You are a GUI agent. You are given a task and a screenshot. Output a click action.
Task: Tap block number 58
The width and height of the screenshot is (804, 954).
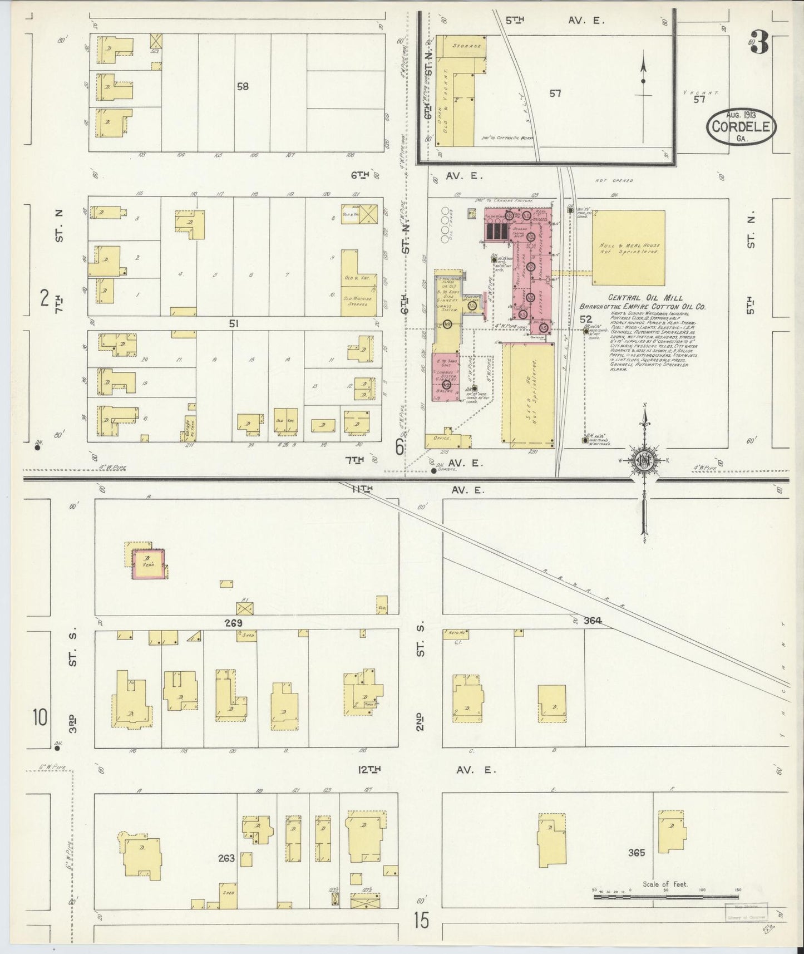[242, 86]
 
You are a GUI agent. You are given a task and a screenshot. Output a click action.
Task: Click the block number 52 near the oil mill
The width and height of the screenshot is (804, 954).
[585, 319]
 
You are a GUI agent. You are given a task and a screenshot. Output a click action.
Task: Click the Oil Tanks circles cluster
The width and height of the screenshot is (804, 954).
[445, 225]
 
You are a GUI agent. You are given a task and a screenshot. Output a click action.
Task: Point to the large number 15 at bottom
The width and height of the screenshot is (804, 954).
[421, 921]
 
